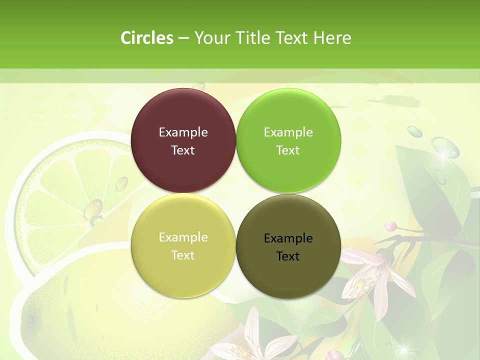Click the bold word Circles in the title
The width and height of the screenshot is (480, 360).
coord(146,38)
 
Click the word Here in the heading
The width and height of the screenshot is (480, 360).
coord(332,38)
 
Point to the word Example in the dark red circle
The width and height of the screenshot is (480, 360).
coord(183,132)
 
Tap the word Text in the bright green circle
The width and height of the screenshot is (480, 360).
coord(288,150)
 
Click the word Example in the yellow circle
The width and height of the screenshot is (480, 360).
coord(183,237)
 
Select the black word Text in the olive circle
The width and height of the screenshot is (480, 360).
coord(288,256)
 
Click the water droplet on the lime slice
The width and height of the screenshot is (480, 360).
coord(93,209)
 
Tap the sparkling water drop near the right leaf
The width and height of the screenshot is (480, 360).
coord(444,148)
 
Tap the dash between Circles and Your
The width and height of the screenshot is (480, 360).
coord(183,38)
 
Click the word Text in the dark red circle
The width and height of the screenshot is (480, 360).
coord(183,150)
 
